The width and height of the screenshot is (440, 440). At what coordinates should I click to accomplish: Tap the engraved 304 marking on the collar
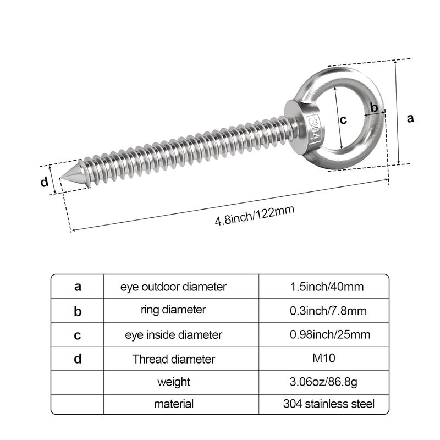coord(313,128)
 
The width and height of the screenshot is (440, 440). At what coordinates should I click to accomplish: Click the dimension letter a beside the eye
coord(409,118)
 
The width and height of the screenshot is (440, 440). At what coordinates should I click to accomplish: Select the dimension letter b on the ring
coord(374,107)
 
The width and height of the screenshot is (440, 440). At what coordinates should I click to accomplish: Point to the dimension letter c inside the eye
coord(343,120)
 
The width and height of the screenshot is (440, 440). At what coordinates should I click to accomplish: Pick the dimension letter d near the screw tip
coord(45,183)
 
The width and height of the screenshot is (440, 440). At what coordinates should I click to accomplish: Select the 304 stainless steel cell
coord(329,404)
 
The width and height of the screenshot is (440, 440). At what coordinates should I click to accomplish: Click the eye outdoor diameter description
coord(174,287)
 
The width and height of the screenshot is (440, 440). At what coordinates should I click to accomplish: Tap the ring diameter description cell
coord(173,310)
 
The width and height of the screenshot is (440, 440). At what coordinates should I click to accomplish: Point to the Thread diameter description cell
coord(173,359)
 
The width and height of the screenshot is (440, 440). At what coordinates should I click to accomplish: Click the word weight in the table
coord(174,381)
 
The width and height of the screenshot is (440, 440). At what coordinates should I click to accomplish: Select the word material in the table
coord(174,404)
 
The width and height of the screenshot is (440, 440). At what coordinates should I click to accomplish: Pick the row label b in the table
coord(78,311)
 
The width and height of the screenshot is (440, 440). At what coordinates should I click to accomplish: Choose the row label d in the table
coord(78,359)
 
